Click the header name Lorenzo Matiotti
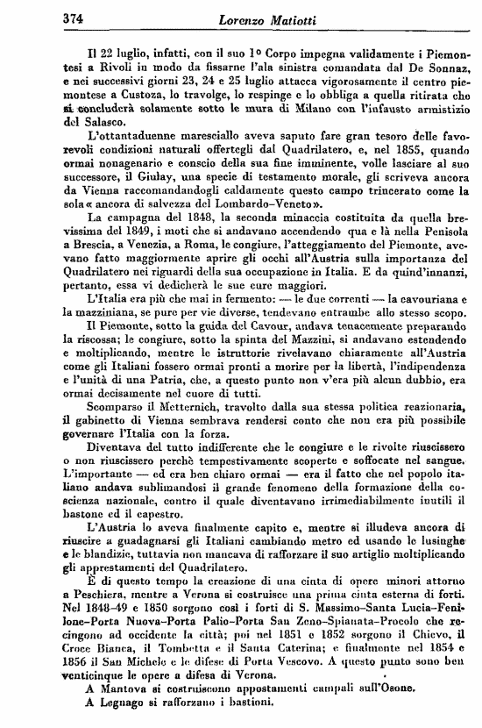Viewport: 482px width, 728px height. [241, 16]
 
